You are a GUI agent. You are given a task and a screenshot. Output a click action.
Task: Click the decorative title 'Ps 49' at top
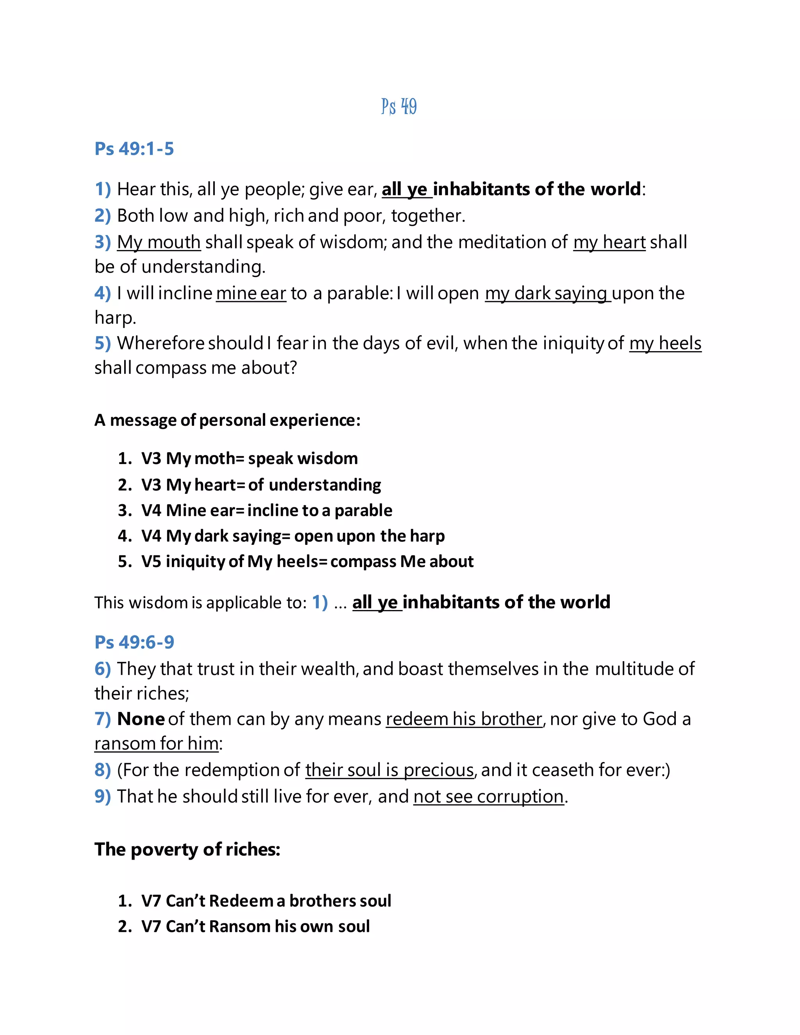(x=399, y=107)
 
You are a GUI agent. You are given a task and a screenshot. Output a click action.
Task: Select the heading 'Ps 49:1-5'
(x=134, y=149)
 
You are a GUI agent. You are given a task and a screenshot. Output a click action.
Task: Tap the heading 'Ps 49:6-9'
(x=134, y=642)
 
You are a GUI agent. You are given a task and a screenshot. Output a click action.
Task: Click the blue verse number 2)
(x=102, y=216)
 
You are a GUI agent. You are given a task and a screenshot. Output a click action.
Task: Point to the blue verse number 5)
(x=102, y=343)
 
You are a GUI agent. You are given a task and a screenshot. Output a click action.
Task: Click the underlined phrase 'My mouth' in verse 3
(x=159, y=242)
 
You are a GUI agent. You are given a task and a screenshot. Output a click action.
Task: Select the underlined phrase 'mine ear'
(x=251, y=293)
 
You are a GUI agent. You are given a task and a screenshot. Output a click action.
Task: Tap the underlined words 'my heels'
(x=665, y=343)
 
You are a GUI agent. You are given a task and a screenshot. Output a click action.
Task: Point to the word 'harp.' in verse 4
(x=115, y=318)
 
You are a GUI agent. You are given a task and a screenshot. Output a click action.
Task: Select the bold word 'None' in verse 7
(x=141, y=719)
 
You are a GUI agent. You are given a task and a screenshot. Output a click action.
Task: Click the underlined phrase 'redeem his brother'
(x=464, y=719)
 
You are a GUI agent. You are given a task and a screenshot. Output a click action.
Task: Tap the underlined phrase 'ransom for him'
(x=156, y=744)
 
